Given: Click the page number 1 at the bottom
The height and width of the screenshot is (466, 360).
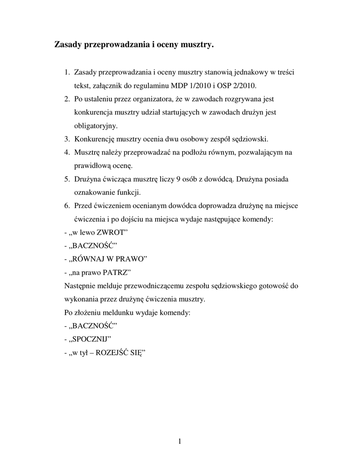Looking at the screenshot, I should coord(180,441).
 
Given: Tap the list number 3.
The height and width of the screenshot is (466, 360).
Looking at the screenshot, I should coord(66,138).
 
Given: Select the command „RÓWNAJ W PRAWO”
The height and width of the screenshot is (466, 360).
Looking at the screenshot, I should coord(108,258).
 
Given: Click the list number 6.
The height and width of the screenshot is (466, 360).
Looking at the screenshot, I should coord(66,205).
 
